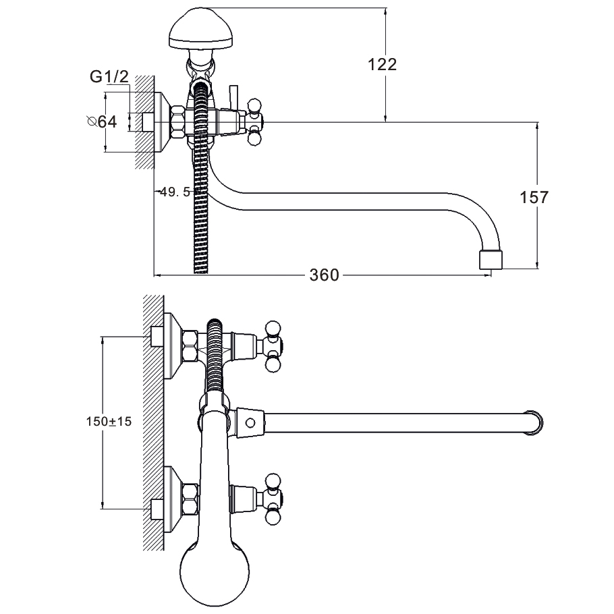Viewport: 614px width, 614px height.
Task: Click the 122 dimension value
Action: click(x=383, y=65)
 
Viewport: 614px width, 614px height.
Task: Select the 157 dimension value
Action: click(x=534, y=198)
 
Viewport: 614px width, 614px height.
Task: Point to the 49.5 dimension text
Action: click(x=175, y=192)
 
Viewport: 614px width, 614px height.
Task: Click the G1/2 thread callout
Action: click(x=109, y=78)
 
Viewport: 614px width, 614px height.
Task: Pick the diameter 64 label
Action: click(x=102, y=122)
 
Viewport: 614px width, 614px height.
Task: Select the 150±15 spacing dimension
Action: click(x=109, y=421)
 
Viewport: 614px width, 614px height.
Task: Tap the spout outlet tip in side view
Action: click(x=491, y=260)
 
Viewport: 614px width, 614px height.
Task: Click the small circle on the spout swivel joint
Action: click(x=250, y=423)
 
